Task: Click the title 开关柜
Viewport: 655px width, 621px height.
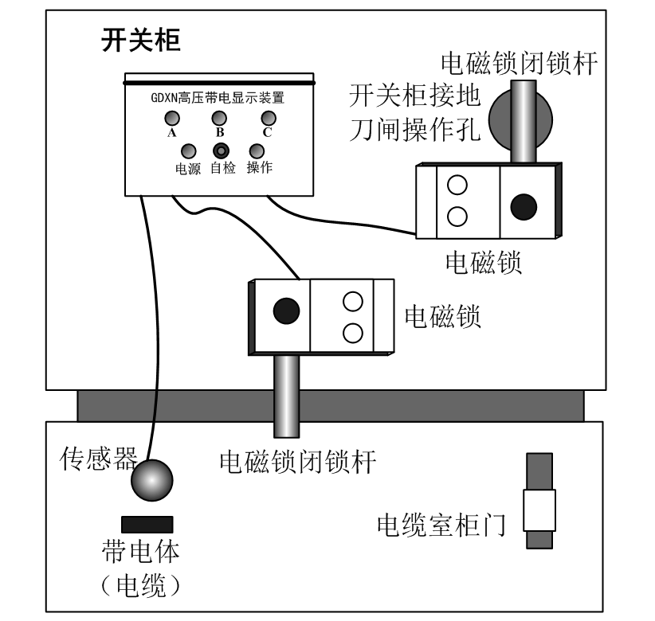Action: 140,41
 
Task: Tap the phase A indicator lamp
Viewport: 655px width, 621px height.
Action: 171,119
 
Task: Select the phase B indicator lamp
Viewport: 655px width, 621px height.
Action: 220,119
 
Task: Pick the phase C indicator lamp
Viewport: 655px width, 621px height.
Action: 268,119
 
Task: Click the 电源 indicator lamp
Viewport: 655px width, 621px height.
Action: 190,150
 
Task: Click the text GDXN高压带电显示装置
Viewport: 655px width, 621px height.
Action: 218,100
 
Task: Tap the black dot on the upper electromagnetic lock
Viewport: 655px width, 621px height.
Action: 524,207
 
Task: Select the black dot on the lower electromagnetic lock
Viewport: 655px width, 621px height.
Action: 285,311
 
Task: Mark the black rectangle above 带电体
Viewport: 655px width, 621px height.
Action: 147,524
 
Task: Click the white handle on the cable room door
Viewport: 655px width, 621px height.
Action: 539,510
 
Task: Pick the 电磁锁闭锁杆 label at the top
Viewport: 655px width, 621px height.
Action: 520,62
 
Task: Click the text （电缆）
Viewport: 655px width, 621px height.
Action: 140,587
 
